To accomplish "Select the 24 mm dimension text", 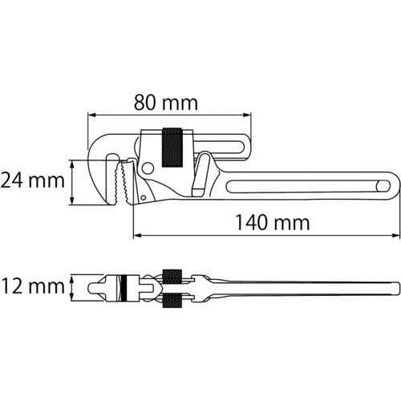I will (32, 180).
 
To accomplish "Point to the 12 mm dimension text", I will (32, 286).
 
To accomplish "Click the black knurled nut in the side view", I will (172, 148).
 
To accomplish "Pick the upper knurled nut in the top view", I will (172, 273).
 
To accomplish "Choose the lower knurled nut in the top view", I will (172, 301).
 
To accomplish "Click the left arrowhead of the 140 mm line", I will (136, 236).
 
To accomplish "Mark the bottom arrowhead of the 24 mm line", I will (74, 203).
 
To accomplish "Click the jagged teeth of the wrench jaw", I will (124, 185).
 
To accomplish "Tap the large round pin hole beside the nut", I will (148, 167).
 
